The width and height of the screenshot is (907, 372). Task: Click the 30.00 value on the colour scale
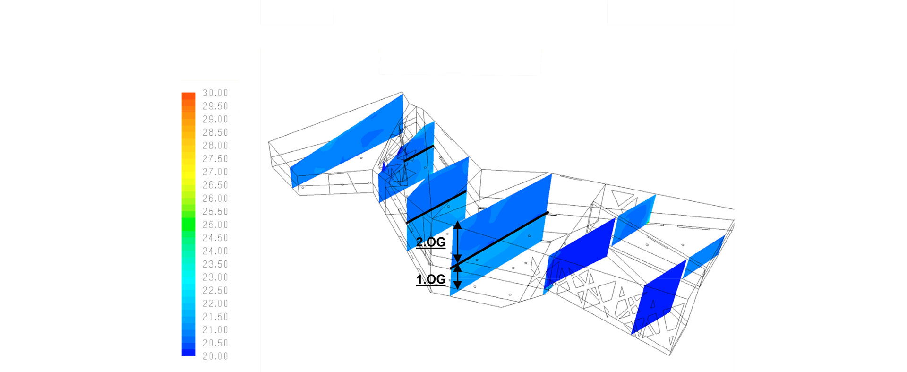pyautogui.click(x=215, y=93)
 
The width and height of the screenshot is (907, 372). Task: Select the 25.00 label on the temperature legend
pyautogui.click(x=215, y=225)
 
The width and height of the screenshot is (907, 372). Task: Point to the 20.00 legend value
pyautogui.click(x=215, y=356)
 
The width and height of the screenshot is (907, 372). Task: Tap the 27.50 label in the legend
pyautogui.click(x=215, y=159)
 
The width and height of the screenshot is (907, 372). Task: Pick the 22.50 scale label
pyautogui.click(x=215, y=291)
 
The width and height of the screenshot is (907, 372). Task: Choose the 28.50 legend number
pyautogui.click(x=215, y=133)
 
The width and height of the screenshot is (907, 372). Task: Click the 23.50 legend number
pyautogui.click(x=215, y=264)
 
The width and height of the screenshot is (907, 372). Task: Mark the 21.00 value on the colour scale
pyautogui.click(x=215, y=330)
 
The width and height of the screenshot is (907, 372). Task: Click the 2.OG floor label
pyautogui.click(x=431, y=242)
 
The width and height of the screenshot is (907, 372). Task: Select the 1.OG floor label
pyautogui.click(x=431, y=280)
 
